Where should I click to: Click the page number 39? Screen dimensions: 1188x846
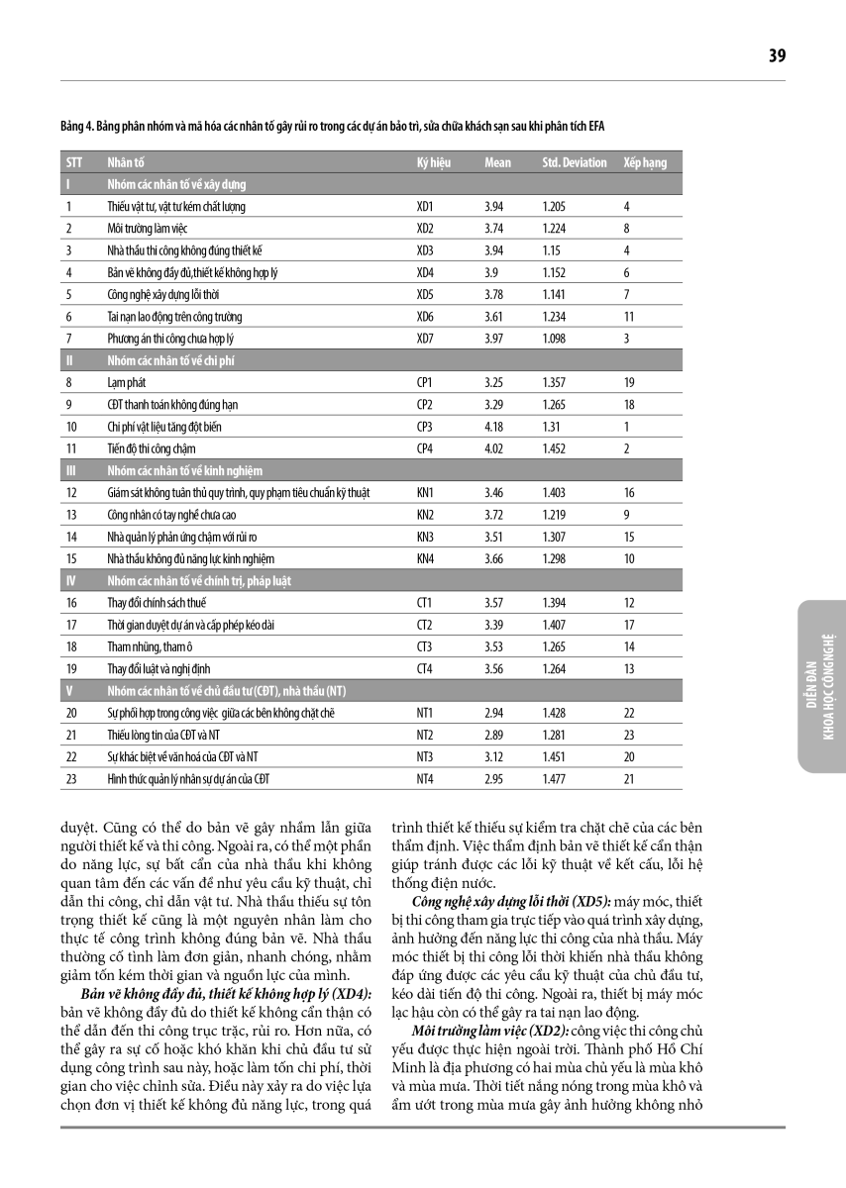pos(777,56)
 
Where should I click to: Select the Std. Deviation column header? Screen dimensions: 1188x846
pos(575,162)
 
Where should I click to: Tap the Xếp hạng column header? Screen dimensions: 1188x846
pos(645,162)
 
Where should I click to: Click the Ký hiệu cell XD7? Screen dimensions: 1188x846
pos(425,339)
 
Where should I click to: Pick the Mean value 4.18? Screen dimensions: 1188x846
pos(494,427)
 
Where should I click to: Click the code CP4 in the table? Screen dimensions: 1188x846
pos(425,448)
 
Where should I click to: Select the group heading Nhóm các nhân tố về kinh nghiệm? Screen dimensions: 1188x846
pos(184,470)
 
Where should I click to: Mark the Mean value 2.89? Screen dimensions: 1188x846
pos(494,735)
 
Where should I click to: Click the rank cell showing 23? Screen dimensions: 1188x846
pos(628,735)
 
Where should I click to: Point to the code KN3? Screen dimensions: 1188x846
pos(425,537)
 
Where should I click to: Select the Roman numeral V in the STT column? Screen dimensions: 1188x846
pos(68,691)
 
